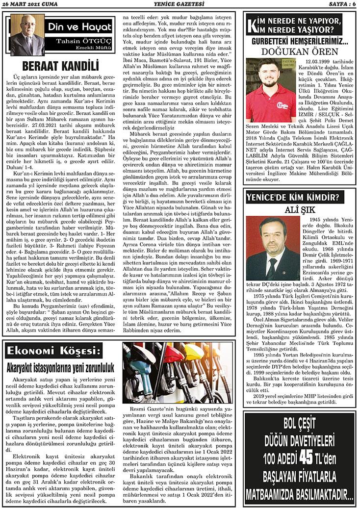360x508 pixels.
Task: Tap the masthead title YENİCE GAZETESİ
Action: pyautogui.click(x=180, y=4)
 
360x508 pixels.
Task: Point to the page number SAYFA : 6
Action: pyautogui.click(x=339, y=4)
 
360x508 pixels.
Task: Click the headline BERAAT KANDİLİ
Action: pyautogui.click(x=60, y=67)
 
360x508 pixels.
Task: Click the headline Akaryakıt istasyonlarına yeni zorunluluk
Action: pyautogui.click(x=60, y=367)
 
